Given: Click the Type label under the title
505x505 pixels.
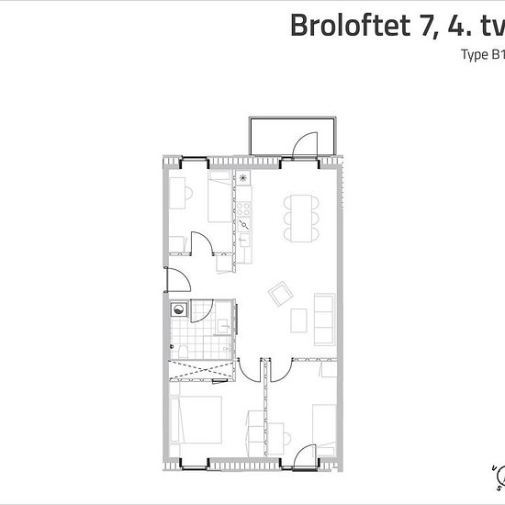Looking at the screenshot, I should pyautogui.click(x=475, y=55).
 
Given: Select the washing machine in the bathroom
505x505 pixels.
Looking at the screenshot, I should pyautogui.click(x=178, y=309).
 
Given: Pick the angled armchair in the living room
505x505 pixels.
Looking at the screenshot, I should pyautogui.click(x=279, y=294).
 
